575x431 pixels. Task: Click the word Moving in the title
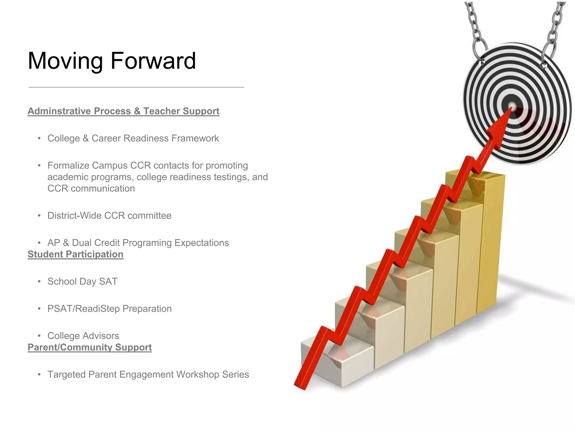click(65, 61)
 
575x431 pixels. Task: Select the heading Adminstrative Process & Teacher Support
click(123, 111)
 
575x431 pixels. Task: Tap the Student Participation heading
click(75, 254)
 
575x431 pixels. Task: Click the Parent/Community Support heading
click(90, 347)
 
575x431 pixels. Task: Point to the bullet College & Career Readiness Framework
click(133, 138)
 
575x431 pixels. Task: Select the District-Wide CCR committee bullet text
click(109, 215)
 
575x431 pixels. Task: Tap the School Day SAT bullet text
click(82, 281)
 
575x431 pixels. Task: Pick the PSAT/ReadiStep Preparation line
click(109, 309)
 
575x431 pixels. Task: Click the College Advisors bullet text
click(83, 336)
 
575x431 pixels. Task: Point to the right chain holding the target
click(555, 28)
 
